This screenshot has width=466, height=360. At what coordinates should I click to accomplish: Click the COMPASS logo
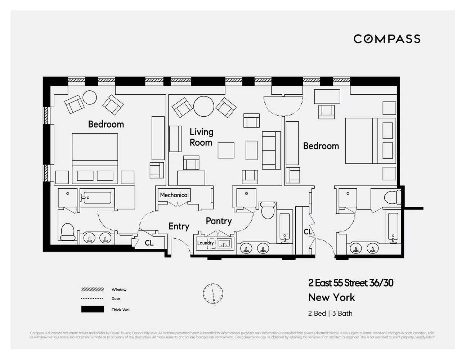click(387, 39)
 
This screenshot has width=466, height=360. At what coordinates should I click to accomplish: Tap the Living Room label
click(201, 137)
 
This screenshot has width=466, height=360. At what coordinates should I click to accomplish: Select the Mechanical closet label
click(174, 195)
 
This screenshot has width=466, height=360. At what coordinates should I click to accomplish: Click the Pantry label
click(219, 221)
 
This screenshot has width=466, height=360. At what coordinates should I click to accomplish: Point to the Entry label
click(179, 226)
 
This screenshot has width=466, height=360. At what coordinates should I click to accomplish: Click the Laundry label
click(205, 243)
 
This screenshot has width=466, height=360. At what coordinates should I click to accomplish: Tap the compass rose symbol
click(213, 294)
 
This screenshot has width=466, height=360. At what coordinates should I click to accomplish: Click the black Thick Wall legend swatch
click(93, 309)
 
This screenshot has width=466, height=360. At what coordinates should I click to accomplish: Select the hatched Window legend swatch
click(93, 289)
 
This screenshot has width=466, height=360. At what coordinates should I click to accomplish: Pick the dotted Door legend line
click(93, 298)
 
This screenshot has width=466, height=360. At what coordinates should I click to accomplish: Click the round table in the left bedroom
click(89, 97)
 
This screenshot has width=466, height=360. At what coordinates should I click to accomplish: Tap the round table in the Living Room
click(204, 106)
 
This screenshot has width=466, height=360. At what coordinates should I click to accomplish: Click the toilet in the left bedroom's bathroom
click(68, 232)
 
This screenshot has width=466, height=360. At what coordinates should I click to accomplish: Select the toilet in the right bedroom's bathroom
click(392, 198)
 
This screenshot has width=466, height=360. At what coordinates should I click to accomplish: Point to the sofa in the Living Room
click(271, 150)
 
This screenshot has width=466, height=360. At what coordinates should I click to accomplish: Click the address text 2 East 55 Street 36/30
click(350, 283)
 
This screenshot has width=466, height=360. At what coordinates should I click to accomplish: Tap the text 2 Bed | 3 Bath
click(330, 313)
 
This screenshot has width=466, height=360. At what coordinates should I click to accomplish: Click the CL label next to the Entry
click(149, 243)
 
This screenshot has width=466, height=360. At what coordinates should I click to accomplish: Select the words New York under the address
click(331, 298)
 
